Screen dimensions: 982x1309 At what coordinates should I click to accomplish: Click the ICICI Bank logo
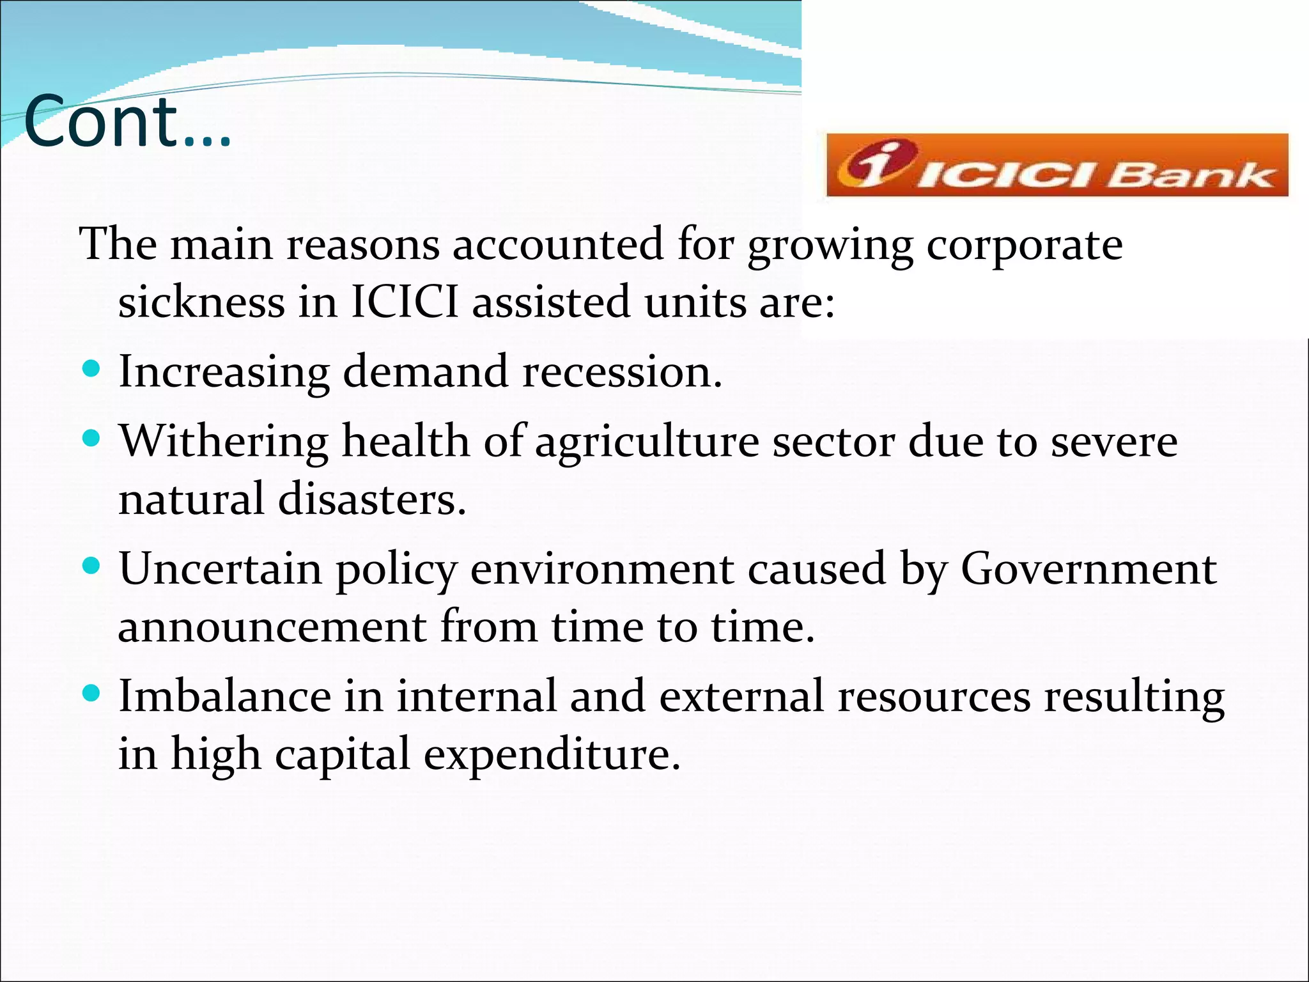1057,165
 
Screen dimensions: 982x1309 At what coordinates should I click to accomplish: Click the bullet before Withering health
92,439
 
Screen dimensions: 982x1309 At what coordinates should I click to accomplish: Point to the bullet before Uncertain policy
92,566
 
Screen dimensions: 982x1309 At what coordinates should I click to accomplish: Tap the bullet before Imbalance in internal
92,693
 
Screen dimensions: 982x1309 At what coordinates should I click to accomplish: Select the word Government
1088,568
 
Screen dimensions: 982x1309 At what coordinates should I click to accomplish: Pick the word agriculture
647,442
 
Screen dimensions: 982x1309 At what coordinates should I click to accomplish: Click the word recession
622,371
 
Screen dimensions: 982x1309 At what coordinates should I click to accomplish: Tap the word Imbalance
225,696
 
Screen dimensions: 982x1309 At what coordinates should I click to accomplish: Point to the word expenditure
552,755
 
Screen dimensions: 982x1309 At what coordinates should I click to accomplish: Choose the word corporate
1024,245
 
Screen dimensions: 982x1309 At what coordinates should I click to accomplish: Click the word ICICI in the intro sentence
405,302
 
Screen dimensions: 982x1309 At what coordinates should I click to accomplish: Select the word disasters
372,499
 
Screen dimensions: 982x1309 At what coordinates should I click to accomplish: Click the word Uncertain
221,568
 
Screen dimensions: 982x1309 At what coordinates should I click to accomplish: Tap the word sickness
201,302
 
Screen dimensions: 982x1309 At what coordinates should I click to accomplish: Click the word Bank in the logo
1192,175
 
